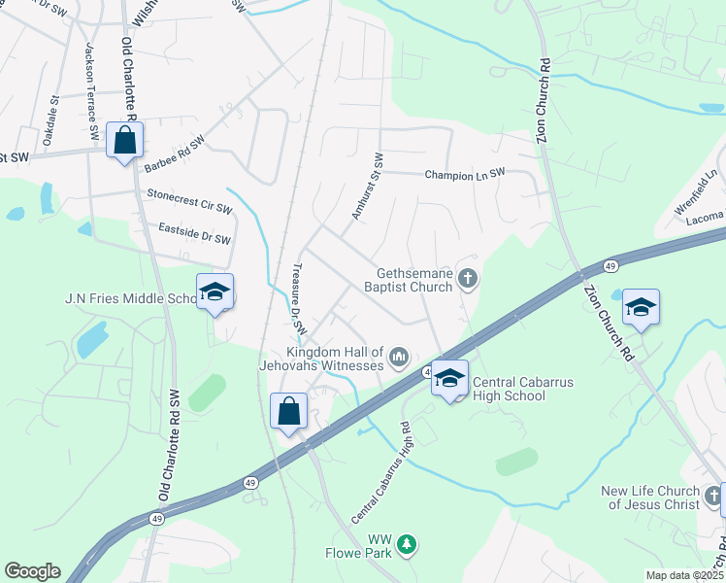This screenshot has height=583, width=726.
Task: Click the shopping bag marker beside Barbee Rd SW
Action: pyautogui.click(x=125, y=141)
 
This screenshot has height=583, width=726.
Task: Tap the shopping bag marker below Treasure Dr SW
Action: pyautogui.click(x=289, y=411)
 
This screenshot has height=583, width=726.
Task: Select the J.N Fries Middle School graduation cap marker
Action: pyautogui.click(x=214, y=292)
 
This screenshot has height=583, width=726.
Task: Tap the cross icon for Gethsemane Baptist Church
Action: pyautogui.click(x=468, y=280)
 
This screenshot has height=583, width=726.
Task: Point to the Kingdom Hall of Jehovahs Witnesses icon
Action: pyautogui.click(x=398, y=359)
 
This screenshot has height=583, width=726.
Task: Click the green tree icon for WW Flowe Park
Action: pyautogui.click(x=408, y=544)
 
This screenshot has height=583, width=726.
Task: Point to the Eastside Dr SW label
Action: pyautogui.click(x=194, y=233)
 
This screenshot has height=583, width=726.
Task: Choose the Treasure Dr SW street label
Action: pyautogui.click(x=299, y=300)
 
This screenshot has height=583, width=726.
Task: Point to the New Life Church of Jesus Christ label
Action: pyautogui.click(x=649, y=497)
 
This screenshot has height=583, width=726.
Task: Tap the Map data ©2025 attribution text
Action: pyautogui.click(x=684, y=575)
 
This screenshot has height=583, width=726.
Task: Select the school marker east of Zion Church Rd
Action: pyautogui.click(x=641, y=306)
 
